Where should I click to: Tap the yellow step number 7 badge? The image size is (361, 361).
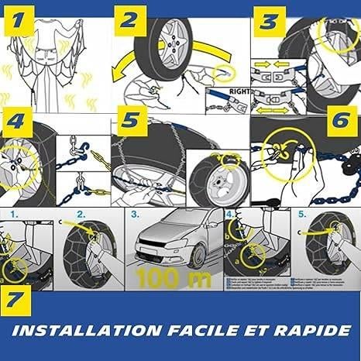coord(17,299)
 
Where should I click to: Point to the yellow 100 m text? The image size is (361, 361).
coord(172,275)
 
